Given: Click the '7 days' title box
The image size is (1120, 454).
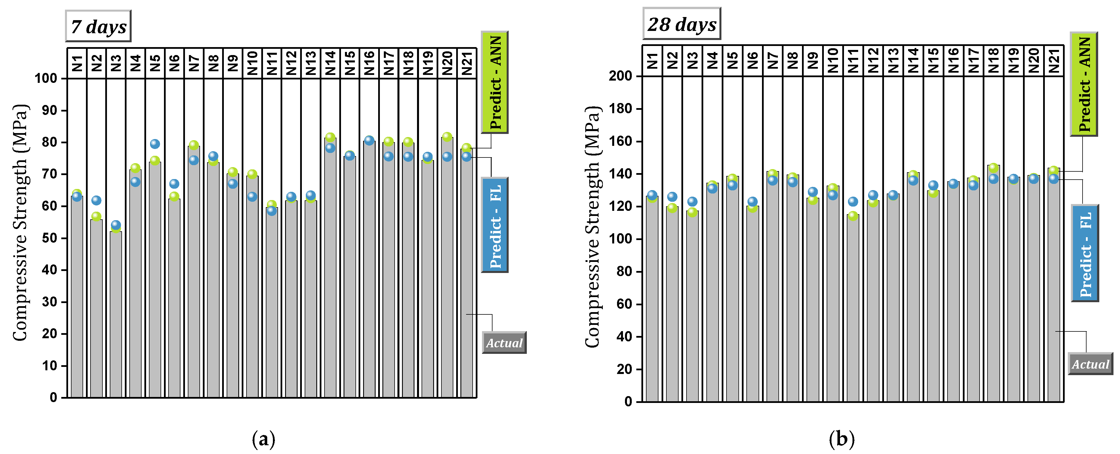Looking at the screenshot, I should tap(98, 26).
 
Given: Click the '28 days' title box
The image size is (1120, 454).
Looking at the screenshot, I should tap(681, 24).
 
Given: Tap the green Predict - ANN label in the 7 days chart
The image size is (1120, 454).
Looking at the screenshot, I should tap(495, 82).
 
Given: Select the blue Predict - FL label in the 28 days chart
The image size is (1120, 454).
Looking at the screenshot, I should tap(1085, 253).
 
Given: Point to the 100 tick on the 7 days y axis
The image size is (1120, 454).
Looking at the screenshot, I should tap(46, 79).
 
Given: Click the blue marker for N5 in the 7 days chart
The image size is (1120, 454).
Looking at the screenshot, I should tap(155, 144).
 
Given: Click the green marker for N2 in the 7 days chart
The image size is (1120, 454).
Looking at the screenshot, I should tap(96, 216).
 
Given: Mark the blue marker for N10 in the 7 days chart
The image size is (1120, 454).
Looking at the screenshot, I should tap(252, 197).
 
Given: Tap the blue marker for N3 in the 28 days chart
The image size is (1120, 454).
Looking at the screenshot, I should tap(692, 201).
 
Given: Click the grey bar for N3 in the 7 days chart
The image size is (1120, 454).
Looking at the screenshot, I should tap(116, 313).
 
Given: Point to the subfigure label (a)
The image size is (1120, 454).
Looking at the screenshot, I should tap(264, 439).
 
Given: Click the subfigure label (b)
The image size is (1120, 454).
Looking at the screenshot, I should tap(841, 439).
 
